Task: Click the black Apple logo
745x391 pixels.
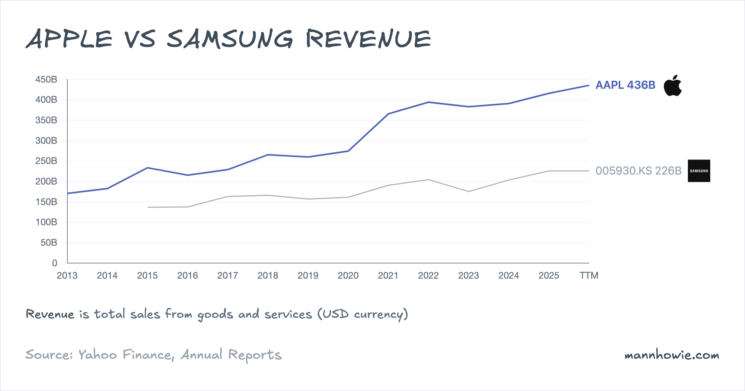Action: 673,86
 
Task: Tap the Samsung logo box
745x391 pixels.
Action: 699,171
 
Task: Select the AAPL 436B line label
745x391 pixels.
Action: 625,85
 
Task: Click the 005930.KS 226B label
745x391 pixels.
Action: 638,171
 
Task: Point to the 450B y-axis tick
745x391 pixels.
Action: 46,79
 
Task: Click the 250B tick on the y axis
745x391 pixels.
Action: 46,161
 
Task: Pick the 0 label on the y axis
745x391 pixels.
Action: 55,263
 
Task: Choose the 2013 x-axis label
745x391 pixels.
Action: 67,276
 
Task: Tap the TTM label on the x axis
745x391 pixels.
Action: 589,276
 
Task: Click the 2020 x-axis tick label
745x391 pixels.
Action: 348,276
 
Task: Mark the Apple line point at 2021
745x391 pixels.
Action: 388,114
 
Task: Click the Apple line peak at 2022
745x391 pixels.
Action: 428,102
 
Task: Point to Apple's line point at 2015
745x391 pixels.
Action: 147,168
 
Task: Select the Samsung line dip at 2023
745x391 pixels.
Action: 468,191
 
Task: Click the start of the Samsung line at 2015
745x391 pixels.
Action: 148,207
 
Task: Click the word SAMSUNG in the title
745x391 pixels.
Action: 230,39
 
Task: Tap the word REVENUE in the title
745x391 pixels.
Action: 368,39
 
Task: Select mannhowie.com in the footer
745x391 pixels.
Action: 672,355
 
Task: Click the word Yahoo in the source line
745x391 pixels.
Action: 97,354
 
